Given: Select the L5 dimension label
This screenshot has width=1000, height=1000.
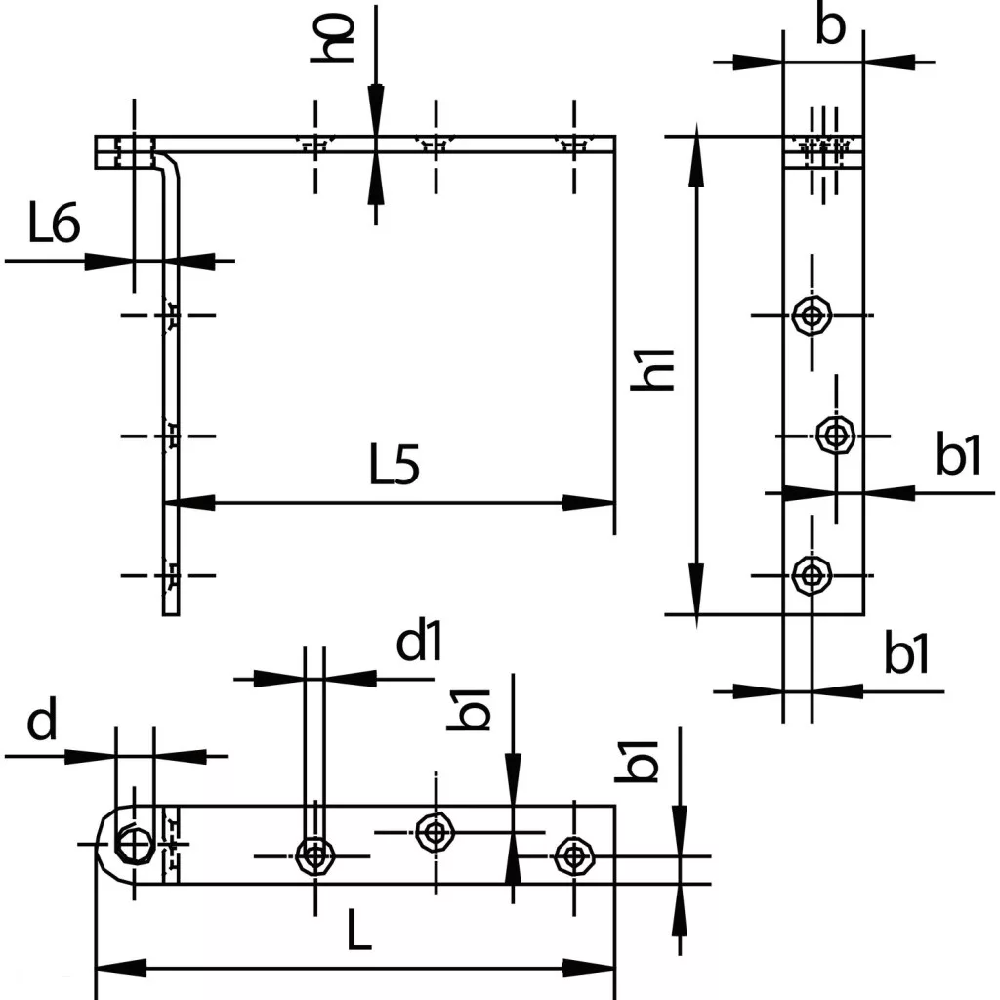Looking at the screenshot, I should [x=395, y=468].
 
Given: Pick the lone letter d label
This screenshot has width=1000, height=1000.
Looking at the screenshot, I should [x=41, y=724].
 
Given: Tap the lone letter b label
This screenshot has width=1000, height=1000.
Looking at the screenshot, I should [x=829, y=28].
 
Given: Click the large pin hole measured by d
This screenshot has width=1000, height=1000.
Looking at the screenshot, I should [x=133, y=842].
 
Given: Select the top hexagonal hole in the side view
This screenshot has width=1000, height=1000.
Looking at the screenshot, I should [x=811, y=315].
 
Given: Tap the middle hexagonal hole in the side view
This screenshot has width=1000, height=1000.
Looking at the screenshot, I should [x=834, y=434].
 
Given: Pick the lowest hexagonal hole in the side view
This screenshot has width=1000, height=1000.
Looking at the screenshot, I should [x=811, y=574].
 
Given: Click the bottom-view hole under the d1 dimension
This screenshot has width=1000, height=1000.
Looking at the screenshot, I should [x=314, y=855].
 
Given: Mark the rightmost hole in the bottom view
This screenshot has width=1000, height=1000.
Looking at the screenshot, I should [x=572, y=855].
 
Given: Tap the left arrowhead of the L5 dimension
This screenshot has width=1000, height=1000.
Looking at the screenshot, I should [x=187, y=503].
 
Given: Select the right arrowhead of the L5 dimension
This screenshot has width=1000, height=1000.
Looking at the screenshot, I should [x=592, y=503].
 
